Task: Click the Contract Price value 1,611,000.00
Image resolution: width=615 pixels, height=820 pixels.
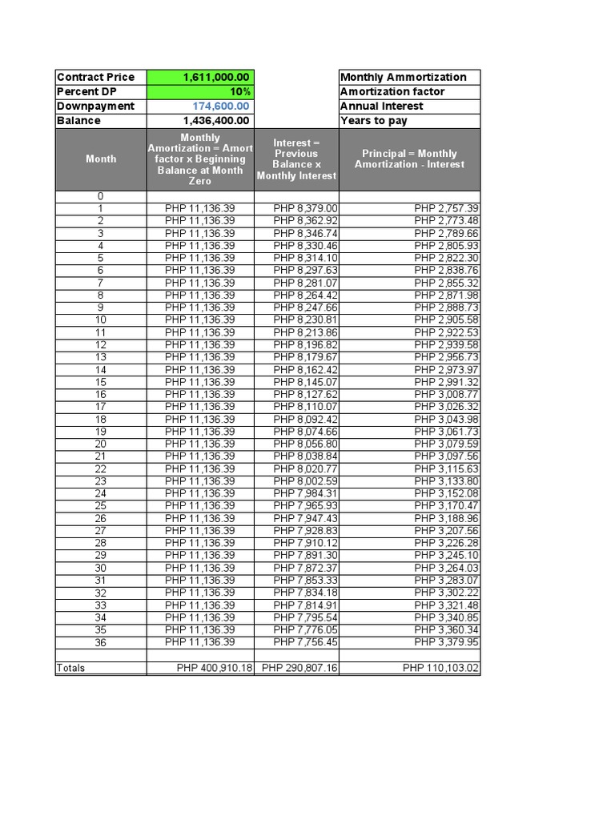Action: [216, 77]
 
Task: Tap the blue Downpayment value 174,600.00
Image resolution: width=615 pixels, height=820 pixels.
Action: [221, 106]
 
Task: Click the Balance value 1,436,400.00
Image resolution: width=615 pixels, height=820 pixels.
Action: [216, 121]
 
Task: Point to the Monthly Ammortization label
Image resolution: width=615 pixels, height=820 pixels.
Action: [404, 77]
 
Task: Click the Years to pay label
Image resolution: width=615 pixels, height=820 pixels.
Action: [374, 121]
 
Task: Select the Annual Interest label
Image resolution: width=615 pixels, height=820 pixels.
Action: [382, 106]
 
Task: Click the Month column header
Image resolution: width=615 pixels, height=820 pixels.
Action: [101, 159]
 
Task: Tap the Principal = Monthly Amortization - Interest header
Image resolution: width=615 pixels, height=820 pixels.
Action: [409, 159]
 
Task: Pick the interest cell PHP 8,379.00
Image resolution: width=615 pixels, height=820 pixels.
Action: [305, 208]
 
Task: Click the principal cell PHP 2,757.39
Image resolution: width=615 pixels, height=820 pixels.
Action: [446, 208]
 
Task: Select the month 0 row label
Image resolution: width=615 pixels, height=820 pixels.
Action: [101, 196]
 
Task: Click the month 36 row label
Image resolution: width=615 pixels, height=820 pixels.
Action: [101, 642]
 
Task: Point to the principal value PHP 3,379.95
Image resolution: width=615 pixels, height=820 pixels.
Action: [446, 642]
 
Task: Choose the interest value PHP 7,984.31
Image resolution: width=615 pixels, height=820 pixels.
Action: [305, 493]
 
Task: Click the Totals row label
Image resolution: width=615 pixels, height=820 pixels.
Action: [71, 668]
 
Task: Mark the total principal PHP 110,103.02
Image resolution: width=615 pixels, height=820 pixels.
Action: [440, 668]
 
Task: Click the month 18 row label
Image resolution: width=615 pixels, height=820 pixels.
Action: [101, 419]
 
